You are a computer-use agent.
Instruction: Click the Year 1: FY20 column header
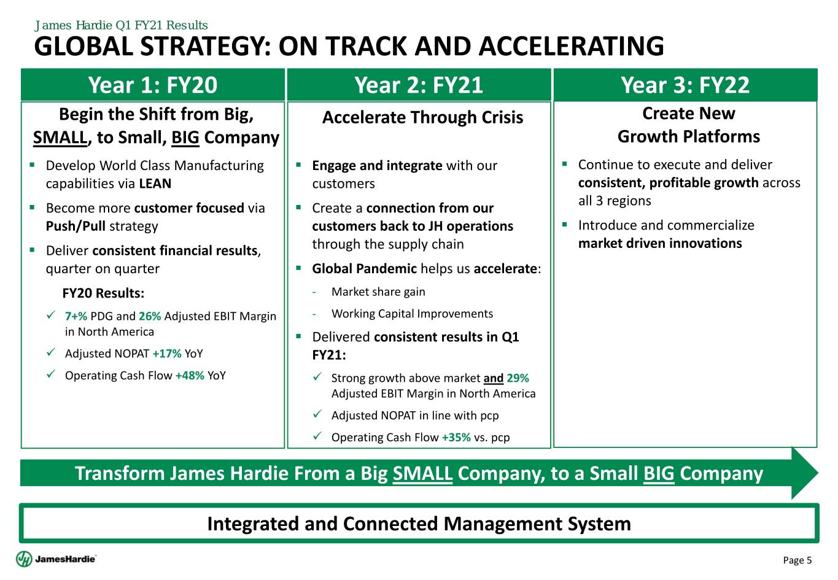153,85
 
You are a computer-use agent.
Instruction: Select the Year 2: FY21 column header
419,85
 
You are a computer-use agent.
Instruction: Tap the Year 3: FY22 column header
685,85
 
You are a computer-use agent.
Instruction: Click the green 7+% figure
76,316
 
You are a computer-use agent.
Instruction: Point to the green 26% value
150,316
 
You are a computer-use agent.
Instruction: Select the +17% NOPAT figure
167,354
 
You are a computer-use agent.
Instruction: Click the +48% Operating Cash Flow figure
190,376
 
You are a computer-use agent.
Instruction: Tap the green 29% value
518,378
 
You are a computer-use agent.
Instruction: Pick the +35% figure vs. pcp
456,437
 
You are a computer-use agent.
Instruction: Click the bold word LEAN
155,184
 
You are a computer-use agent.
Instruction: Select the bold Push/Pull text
76,226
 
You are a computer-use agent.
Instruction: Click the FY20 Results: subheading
103,293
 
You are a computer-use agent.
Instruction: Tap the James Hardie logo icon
24,559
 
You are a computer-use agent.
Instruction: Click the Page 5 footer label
797,560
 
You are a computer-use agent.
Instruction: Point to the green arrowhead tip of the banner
818,473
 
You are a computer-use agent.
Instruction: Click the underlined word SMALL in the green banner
422,473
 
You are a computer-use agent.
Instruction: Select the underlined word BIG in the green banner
659,473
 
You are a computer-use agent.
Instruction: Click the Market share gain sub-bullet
378,292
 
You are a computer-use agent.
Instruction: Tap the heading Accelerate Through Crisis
423,117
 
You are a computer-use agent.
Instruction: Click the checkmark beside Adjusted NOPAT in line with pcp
317,414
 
